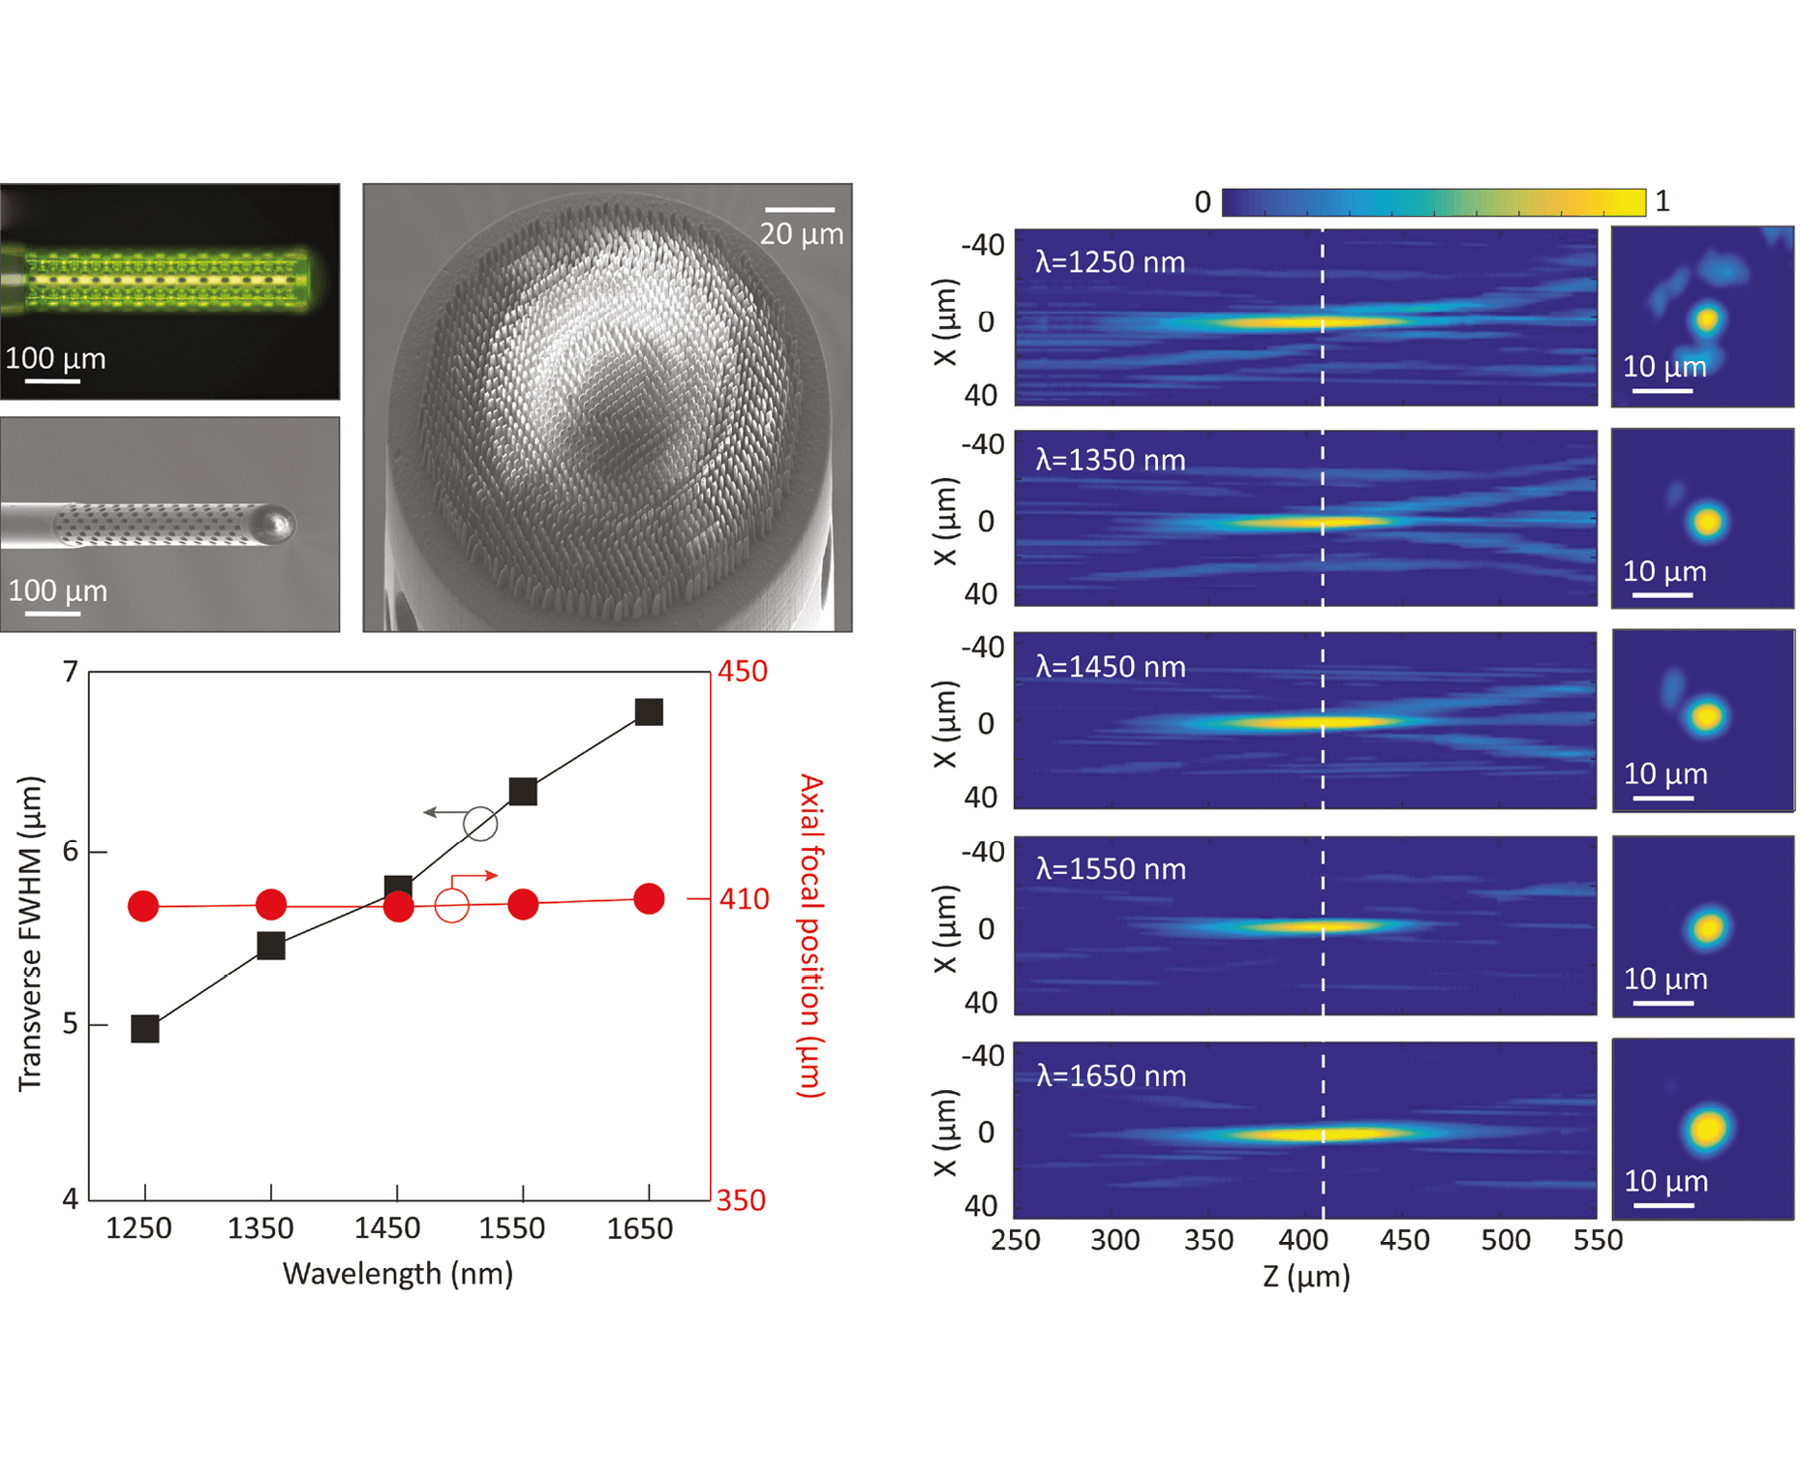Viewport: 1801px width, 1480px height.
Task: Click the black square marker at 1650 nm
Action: (x=649, y=712)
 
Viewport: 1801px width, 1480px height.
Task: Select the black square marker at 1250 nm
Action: (x=145, y=1029)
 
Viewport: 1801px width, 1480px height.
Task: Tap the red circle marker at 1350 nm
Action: (x=271, y=905)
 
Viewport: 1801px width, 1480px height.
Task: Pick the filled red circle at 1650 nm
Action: (x=649, y=899)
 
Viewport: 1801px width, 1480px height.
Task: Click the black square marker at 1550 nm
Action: (x=523, y=792)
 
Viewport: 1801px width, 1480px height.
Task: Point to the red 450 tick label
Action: (x=742, y=671)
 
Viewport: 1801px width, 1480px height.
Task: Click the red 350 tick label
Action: (x=741, y=1200)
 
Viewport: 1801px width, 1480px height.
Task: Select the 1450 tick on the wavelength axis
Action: (x=387, y=1228)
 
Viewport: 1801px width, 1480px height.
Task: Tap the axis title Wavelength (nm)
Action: (x=398, y=1273)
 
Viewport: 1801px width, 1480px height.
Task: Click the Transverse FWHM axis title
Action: (x=31, y=934)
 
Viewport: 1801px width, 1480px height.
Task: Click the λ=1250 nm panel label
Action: (x=1110, y=262)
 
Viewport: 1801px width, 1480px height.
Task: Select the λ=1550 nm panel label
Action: (x=1111, y=869)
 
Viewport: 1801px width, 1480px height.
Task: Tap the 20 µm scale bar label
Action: (x=801, y=234)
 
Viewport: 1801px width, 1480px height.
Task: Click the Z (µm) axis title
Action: (x=1306, y=1277)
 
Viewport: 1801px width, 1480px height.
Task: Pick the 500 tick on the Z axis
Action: (x=1505, y=1240)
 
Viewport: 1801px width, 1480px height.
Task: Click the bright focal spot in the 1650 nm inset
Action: (x=1708, y=1129)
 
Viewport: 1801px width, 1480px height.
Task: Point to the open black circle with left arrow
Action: (x=480, y=824)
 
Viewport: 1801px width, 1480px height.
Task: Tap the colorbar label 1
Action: (x=1663, y=201)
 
